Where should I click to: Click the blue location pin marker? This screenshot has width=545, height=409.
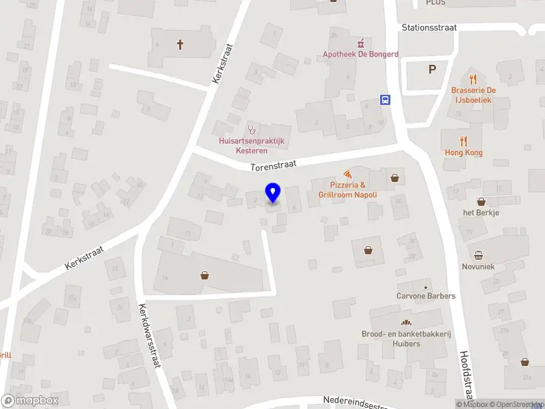(273, 193)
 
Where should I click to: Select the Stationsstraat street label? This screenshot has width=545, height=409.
(429, 28)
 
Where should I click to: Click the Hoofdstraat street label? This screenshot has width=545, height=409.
(465, 376)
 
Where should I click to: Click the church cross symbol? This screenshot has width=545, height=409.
(181, 45)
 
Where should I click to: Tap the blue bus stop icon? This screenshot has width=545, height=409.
(386, 100)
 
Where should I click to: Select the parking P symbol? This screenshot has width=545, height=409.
(431, 69)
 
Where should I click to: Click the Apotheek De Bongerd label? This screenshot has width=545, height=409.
(360, 54)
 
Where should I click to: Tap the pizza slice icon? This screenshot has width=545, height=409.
(347, 174)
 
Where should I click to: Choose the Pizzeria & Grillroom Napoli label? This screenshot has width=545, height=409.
(347, 190)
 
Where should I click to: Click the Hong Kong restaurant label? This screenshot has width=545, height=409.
(463, 153)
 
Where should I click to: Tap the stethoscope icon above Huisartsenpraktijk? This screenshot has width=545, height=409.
(251, 128)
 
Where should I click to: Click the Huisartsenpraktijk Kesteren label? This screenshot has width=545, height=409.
(251, 145)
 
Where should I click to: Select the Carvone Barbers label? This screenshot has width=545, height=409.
(426, 296)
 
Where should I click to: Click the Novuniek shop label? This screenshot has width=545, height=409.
(478, 267)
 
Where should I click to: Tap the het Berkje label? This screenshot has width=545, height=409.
(481, 212)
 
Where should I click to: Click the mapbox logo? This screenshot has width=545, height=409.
(30, 400)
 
